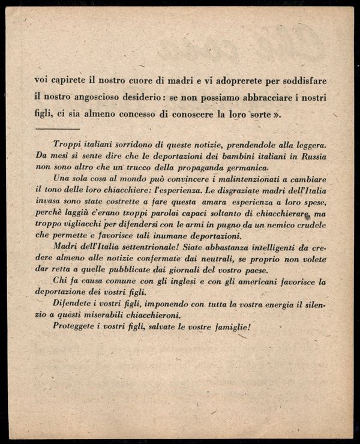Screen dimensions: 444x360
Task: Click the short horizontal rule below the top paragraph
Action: click(x=58, y=128)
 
